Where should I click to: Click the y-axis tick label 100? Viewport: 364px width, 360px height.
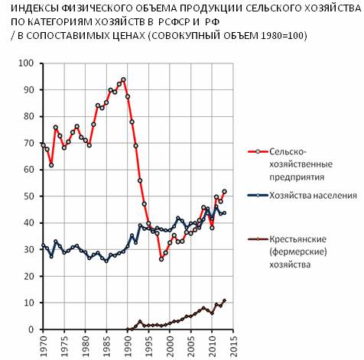pos(26,63)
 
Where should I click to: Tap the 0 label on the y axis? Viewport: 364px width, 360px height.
pos(31,329)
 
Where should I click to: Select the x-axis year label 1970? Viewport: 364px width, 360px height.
pos(44,346)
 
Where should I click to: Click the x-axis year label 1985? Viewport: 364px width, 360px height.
pos(107,346)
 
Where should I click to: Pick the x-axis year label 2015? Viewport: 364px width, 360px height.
pos(233,346)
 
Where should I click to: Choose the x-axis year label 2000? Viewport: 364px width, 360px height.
pos(170,346)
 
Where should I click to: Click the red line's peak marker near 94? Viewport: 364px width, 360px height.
pos(123,79)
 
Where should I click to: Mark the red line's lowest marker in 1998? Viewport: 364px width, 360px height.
pos(161,259)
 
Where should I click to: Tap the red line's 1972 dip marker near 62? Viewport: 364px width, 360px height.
pos(51,165)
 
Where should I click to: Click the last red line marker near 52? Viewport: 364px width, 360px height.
pos(224,192)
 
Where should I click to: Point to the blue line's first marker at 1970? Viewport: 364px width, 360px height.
pos(43,245)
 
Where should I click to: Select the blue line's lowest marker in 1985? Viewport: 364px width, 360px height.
pos(106,261)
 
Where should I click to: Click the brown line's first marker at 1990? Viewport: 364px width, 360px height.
pos(128,329)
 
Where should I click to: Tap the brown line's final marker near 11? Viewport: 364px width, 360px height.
pos(224,300)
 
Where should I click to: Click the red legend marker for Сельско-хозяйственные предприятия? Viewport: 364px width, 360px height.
pos(258,151)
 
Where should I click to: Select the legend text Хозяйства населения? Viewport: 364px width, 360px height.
pos(313,196)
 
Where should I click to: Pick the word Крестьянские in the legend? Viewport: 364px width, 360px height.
pos(297,239)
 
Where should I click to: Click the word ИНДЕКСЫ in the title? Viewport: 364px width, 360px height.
pos(35,8)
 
